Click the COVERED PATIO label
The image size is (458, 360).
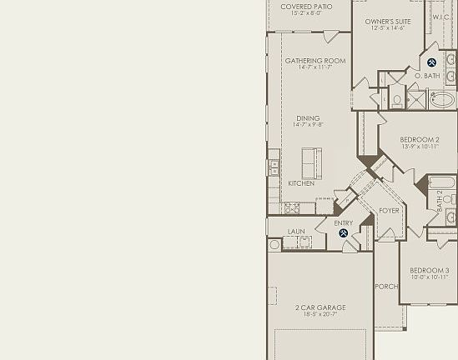(306, 7)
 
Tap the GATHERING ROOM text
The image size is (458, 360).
(315, 61)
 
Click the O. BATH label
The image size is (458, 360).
(427, 76)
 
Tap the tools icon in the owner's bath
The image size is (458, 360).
(432, 62)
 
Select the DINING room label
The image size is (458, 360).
(308, 118)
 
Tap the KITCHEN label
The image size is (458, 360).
(301, 183)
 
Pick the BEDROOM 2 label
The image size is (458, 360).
(420, 140)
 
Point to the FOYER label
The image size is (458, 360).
(389, 211)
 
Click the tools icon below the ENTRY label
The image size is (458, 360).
(344, 233)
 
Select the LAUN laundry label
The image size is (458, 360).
(296, 232)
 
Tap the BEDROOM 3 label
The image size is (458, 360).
(430, 271)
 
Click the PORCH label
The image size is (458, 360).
(386, 287)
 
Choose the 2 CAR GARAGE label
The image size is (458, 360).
(320, 307)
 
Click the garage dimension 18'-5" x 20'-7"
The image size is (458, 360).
(320, 315)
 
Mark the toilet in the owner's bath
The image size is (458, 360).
(397, 99)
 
